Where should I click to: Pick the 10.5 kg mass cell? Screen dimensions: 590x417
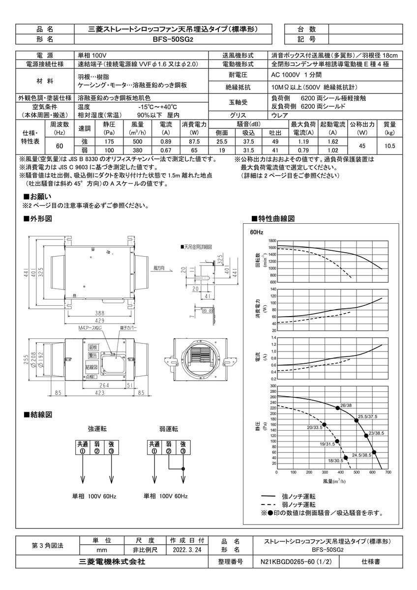coord(389,146)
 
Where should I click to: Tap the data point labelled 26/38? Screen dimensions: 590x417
coord(337,408)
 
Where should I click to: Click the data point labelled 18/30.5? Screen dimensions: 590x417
coord(346,458)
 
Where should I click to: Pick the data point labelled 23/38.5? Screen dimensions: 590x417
coord(366,436)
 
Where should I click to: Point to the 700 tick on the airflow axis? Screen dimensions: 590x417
coord(388,472)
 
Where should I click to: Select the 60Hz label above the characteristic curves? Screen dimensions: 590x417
coord(257,232)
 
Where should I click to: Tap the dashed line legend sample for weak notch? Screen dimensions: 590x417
coord(268,505)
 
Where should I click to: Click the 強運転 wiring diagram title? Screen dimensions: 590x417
coord(96,429)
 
